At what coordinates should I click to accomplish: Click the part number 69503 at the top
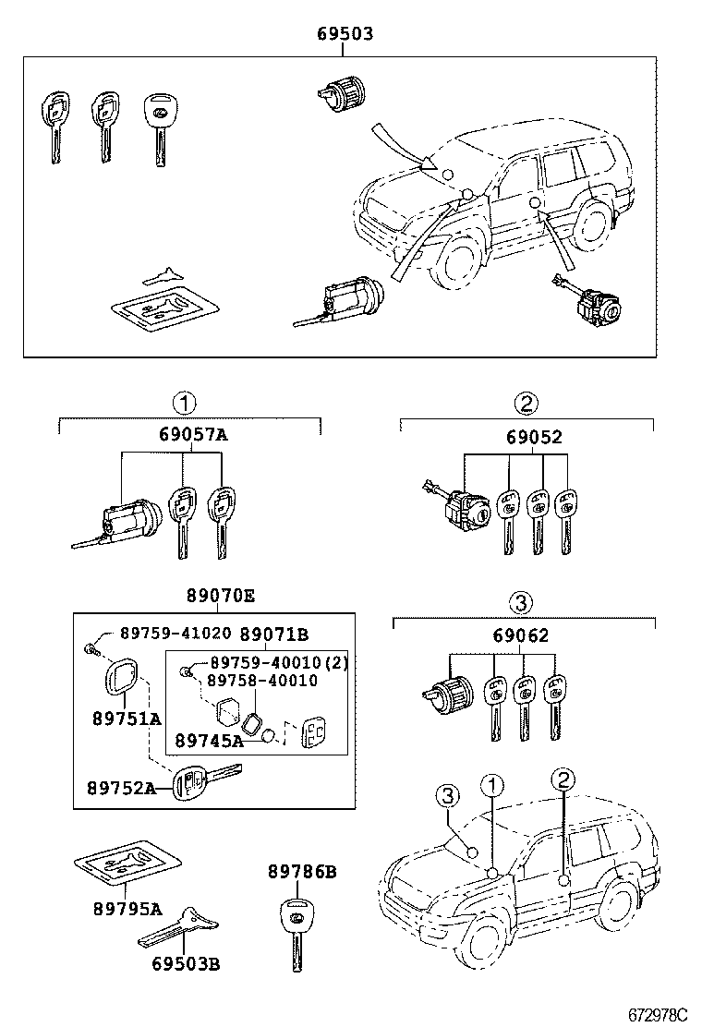pyautogui.click(x=345, y=34)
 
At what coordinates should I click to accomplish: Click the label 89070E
pyautogui.click(x=217, y=597)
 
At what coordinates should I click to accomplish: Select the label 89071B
pyautogui.click(x=274, y=634)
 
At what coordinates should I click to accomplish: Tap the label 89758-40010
pyautogui.click(x=261, y=681)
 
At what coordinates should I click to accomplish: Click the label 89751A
pyautogui.click(x=126, y=719)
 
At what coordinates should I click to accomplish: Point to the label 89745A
pyautogui.click(x=210, y=740)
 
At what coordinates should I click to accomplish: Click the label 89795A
pyautogui.click(x=126, y=909)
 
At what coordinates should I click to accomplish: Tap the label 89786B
pyautogui.click(x=302, y=871)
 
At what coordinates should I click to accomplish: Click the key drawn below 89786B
pyautogui.click(x=297, y=933)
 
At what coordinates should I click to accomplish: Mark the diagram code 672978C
pyautogui.click(x=658, y=1013)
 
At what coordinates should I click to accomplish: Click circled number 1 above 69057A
pyautogui.click(x=184, y=403)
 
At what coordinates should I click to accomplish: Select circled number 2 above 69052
pyautogui.click(x=526, y=403)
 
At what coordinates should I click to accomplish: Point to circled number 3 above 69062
pyautogui.click(x=520, y=604)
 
